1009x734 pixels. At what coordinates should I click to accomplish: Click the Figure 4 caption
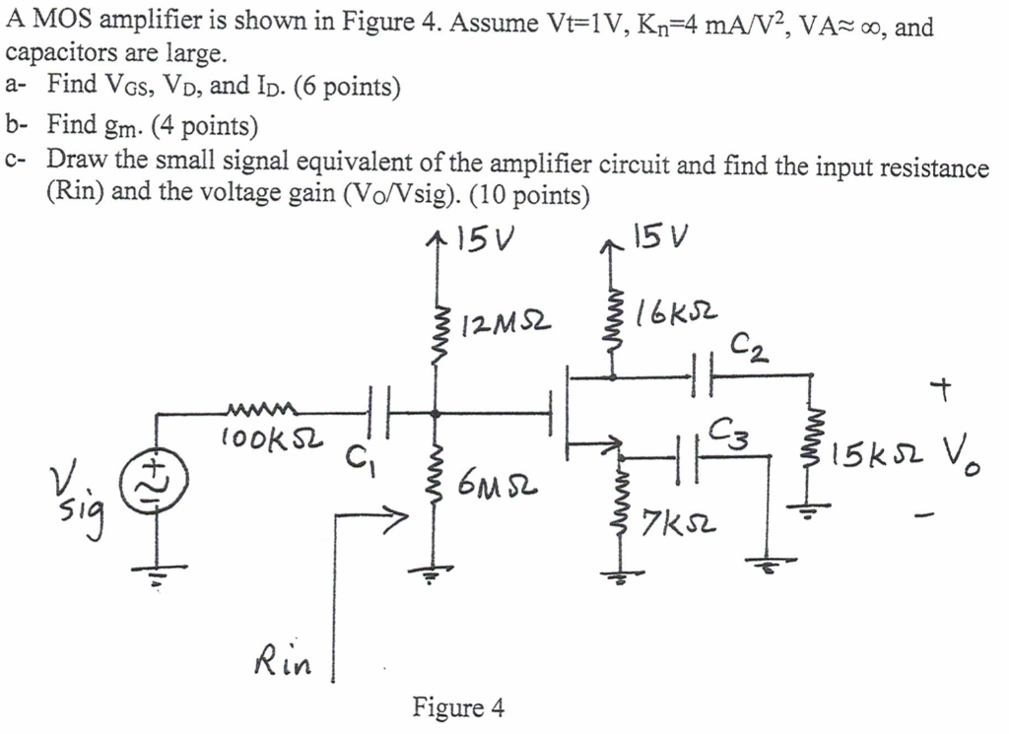point(458,707)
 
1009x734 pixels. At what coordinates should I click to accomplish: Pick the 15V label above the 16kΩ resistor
point(660,236)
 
